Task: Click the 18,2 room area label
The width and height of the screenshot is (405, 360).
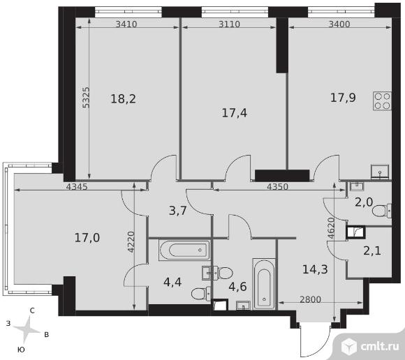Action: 123,99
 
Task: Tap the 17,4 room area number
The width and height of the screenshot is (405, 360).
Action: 234,113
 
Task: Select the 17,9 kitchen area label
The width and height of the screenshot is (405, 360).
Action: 343,98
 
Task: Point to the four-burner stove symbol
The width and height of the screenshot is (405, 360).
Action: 382,101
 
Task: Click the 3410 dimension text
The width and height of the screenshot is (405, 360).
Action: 126,24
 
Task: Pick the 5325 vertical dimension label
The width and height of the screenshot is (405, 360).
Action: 86,97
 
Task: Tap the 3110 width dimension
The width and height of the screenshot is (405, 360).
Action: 229,24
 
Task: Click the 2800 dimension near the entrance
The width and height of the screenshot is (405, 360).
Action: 310,299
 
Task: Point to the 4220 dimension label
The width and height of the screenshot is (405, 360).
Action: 131,242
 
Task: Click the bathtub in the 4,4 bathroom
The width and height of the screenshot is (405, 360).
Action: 184,250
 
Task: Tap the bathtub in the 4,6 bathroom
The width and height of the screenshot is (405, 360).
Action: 263,284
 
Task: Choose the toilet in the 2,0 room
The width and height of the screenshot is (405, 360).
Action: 382,211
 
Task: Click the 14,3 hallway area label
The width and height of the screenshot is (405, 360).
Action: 315,269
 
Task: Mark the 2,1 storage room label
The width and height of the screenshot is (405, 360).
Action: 372,250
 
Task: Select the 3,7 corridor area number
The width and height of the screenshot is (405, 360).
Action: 177,211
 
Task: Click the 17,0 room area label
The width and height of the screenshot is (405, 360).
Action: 87,237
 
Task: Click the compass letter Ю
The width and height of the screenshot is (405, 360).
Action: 21,350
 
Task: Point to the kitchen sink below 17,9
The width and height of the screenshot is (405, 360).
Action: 380,172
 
